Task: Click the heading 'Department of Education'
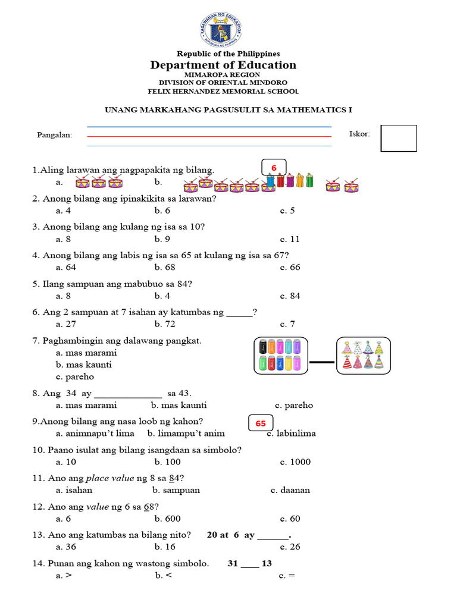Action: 223,65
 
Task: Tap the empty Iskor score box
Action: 398,138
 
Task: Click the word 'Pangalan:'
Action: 55,135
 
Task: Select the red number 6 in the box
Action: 274,168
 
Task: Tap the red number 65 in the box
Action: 261,423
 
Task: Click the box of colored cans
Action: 281,356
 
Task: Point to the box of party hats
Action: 363,356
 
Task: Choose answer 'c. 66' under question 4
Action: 290,268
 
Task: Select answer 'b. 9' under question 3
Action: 162,239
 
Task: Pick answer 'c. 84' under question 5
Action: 290,296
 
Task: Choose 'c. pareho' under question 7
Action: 75,376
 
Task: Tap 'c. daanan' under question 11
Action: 290,490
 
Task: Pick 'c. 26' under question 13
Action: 290,547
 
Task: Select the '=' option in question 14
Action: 287,576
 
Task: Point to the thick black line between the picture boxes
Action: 322,362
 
